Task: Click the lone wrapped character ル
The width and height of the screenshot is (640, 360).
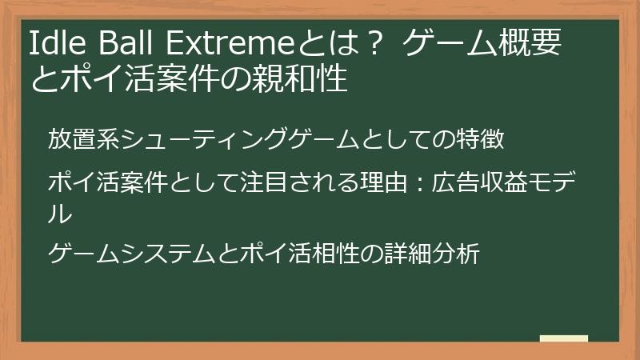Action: pyautogui.click(x=60, y=214)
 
